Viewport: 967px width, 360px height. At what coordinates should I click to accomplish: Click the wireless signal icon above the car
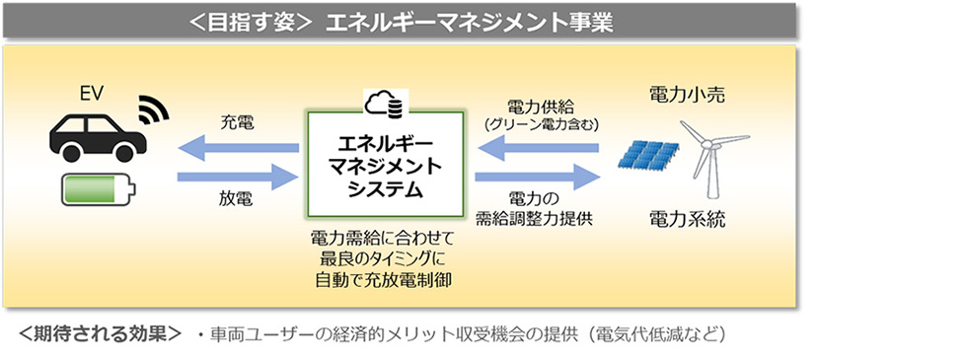tap(152, 107)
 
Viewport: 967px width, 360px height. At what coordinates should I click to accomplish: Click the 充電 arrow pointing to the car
tap(239, 148)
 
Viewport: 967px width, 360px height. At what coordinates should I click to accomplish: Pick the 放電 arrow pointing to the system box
tap(239, 178)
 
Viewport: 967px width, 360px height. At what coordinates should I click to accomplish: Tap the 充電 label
tap(236, 124)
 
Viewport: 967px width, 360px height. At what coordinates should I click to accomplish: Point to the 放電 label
tap(236, 201)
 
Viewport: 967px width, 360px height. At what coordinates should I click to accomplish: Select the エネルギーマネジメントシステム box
tap(384, 163)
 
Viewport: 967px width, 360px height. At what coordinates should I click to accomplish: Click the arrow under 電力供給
tap(539, 148)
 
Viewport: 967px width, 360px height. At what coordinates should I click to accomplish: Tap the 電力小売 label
tap(687, 96)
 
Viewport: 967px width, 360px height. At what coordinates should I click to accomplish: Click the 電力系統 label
tap(687, 218)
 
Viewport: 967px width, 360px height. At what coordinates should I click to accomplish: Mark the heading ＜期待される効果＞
tap(100, 333)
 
